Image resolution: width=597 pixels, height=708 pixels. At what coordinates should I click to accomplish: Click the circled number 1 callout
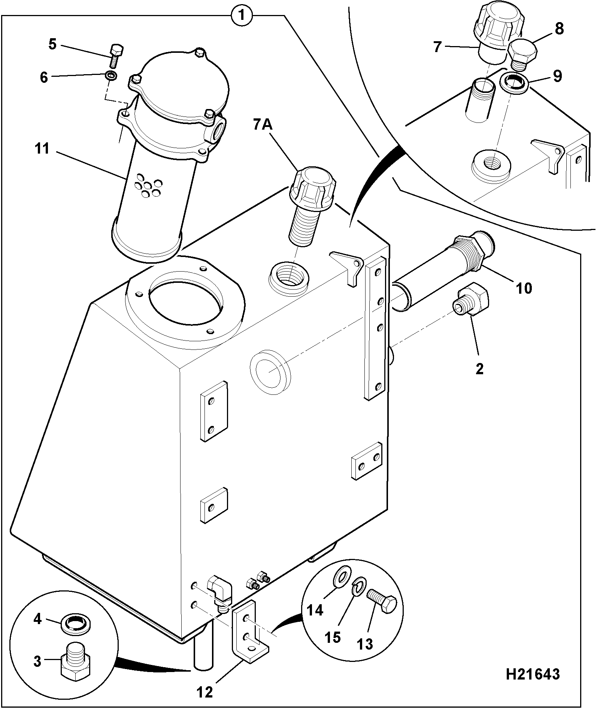pyautogui.click(x=242, y=15)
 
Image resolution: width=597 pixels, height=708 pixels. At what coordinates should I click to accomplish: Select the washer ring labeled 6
pyautogui.click(x=111, y=76)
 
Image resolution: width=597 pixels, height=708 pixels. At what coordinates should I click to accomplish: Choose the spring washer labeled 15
pyautogui.click(x=358, y=590)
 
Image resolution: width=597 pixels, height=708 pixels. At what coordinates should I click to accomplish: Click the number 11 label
pyautogui.click(x=42, y=149)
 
